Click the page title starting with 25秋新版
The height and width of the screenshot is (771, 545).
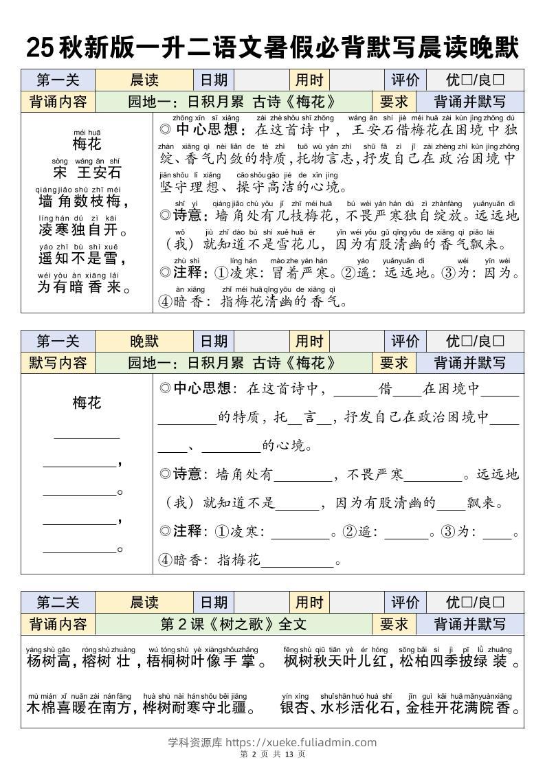[272, 48]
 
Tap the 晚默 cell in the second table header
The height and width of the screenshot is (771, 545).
[144, 342]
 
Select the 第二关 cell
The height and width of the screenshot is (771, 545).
[58, 603]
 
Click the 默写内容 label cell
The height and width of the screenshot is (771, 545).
[58, 363]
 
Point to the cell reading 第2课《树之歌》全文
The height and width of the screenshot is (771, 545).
[233, 624]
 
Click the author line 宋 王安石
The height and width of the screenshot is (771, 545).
[87, 172]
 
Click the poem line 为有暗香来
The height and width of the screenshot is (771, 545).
[84, 287]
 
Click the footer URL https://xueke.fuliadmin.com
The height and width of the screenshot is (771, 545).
[301, 742]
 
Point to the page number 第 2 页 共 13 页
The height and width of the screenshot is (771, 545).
[272, 755]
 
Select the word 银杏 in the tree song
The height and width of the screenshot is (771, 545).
[293, 708]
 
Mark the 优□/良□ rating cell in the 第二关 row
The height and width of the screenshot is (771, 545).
[474, 603]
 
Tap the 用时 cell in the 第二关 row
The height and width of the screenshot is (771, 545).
[309, 603]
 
